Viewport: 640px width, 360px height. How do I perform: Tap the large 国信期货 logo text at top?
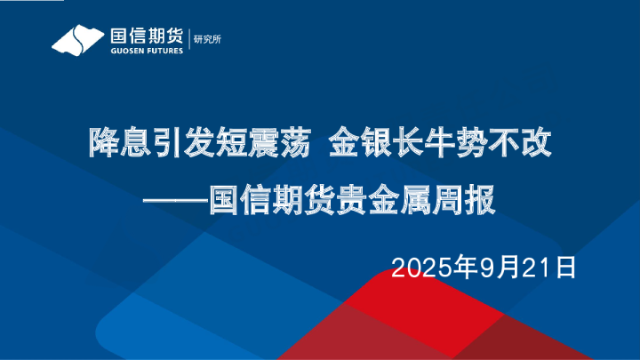pyautogui.click(x=144, y=35)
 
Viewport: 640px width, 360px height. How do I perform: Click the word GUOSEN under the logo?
pyautogui.click(x=124, y=51)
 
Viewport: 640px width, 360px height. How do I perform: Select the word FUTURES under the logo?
pyautogui.click(x=164, y=51)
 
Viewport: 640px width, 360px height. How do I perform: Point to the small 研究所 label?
pyautogui.click(x=209, y=37)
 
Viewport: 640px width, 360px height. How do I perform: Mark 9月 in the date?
pyautogui.click(x=495, y=265)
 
